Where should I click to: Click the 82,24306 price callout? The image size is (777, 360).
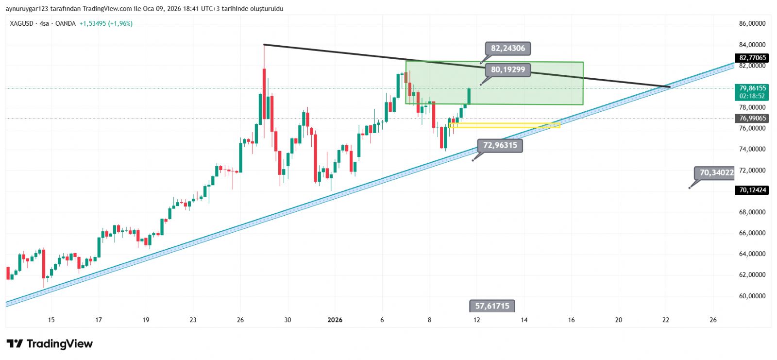(x=507, y=49)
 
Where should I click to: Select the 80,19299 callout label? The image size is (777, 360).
(x=507, y=70)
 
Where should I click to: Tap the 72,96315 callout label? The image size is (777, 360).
(x=500, y=145)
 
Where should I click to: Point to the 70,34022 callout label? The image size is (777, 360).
(x=716, y=172)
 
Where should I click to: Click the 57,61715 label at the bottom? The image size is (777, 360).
(x=492, y=306)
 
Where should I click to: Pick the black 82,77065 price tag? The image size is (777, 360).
(x=752, y=58)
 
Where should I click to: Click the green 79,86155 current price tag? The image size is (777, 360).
(x=752, y=88)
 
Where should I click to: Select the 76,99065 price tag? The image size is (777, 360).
(x=752, y=118)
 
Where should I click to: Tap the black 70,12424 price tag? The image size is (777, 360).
(x=752, y=190)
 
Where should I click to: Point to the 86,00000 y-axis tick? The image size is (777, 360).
(x=752, y=23)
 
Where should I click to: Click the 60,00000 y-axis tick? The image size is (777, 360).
(x=752, y=296)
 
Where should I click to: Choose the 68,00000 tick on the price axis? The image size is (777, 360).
(x=752, y=212)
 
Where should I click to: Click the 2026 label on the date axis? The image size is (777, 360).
(x=335, y=320)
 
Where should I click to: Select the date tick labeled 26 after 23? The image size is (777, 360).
(x=240, y=320)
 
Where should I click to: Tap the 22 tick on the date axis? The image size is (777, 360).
(x=666, y=320)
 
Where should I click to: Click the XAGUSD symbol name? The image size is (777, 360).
(x=21, y=23)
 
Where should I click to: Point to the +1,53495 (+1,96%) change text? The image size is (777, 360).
(x=106, y=23)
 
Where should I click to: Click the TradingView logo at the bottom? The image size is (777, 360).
(x=50, y=344)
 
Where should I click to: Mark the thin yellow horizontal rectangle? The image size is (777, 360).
(x=505, y=125)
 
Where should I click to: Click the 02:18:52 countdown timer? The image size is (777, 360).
(x=752, y=96)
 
